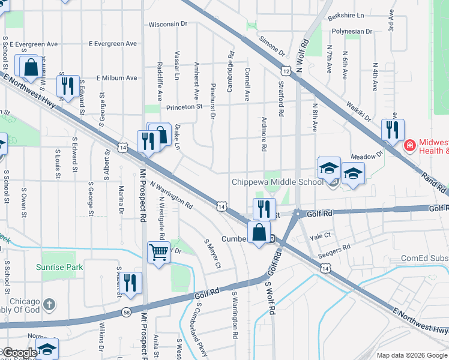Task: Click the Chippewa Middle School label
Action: [277, 182]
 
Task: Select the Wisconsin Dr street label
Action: [168, 24]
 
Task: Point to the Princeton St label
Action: [184, 106]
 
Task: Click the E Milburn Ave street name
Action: [112, 78]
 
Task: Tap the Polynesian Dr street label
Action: [352, 31]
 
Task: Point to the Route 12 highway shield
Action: [287, 71]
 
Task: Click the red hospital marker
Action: [410, 145]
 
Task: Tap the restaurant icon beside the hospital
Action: [393, 130]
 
